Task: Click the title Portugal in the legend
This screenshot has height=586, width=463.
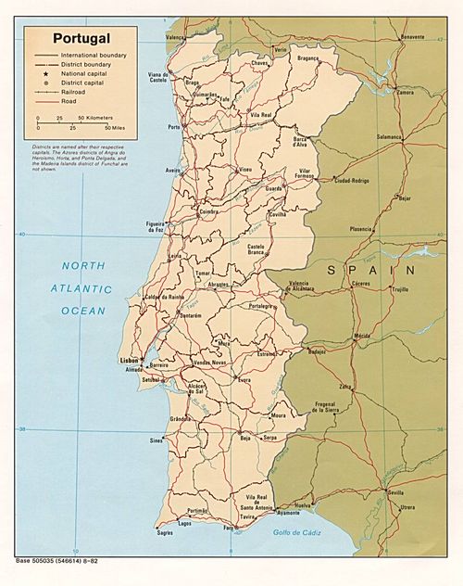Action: pos(81,39)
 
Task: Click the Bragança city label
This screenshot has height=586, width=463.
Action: pos(307,57)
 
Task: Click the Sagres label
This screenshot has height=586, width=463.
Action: pos(165,534)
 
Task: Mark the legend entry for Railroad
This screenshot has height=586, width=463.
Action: pos(74,93)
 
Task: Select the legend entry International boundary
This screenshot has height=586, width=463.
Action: pos(94,56)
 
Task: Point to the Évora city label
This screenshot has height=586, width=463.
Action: pos(244,380)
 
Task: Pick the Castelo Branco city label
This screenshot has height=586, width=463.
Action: pos(257,249)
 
